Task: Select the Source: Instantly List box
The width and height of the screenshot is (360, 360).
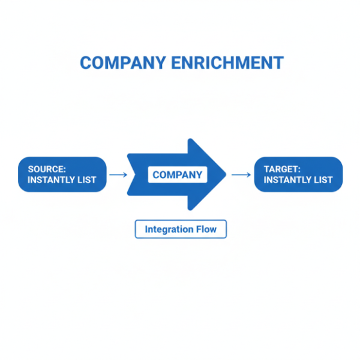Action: point(62,175)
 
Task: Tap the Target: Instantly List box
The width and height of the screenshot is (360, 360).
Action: point(298,175)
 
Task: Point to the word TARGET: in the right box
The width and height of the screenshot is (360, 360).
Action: point(282,169)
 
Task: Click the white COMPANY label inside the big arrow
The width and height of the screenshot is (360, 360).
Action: point(177,175)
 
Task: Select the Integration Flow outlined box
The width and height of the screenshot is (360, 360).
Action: point(181,229)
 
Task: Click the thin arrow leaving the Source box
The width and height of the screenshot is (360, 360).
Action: point(118,175)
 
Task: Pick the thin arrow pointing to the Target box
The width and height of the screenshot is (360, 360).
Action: point(241,175)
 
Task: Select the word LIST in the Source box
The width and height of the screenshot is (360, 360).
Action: point(86,180)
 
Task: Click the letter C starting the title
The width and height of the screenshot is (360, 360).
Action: point(86,63)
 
